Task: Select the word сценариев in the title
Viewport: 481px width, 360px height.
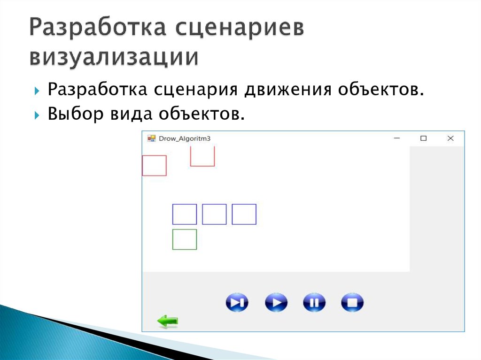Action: pos(240,29)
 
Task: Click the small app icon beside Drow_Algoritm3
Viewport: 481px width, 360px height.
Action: pos(151,138)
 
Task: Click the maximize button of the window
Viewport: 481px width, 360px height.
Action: pos(423,138)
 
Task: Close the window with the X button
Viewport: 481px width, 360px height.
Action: pos(450,138)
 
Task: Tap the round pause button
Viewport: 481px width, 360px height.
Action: pos(314,303)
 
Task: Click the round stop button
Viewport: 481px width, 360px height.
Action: pos(352,303)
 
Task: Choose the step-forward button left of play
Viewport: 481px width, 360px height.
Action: pos(237,303)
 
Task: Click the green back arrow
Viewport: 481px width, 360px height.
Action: pos(168,322)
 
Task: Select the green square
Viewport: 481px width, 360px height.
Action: pos(185,239)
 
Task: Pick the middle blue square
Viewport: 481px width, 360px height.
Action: pos(214,214)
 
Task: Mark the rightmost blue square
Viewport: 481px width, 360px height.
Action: pos(244,214)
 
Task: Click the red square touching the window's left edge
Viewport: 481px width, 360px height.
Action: pos(155,166)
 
